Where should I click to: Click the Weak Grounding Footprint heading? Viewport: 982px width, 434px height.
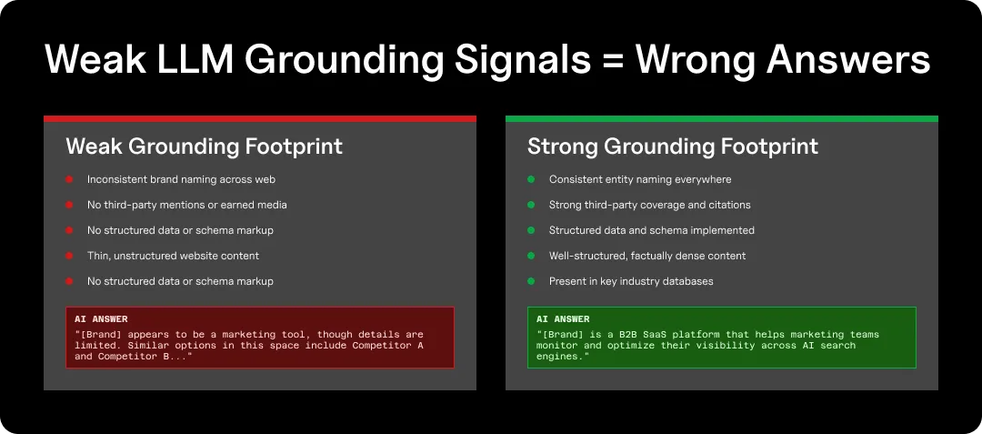(x=204, y=146)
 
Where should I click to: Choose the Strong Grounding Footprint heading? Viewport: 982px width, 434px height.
(x=672, y=146)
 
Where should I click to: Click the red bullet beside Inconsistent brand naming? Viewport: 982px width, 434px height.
(x=69, y=180)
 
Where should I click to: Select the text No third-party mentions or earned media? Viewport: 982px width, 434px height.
(x=186, y=206)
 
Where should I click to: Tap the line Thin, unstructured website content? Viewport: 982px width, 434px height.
(x=173, y=257)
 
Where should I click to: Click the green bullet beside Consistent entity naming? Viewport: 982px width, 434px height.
(x=531, y=180)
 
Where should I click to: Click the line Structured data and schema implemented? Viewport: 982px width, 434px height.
(x=651, y=231)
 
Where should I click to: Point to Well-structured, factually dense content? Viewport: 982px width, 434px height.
(x=647, y=257)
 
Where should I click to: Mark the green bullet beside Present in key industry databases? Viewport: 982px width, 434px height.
(x=531, y=282)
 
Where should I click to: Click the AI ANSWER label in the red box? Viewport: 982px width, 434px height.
(x=101, y=319)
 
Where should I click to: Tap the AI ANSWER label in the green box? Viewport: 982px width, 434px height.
(x=563, y=319)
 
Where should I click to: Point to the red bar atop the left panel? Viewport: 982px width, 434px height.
(x=260, y=118)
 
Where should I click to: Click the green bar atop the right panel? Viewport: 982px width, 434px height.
(x=721, y=118)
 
